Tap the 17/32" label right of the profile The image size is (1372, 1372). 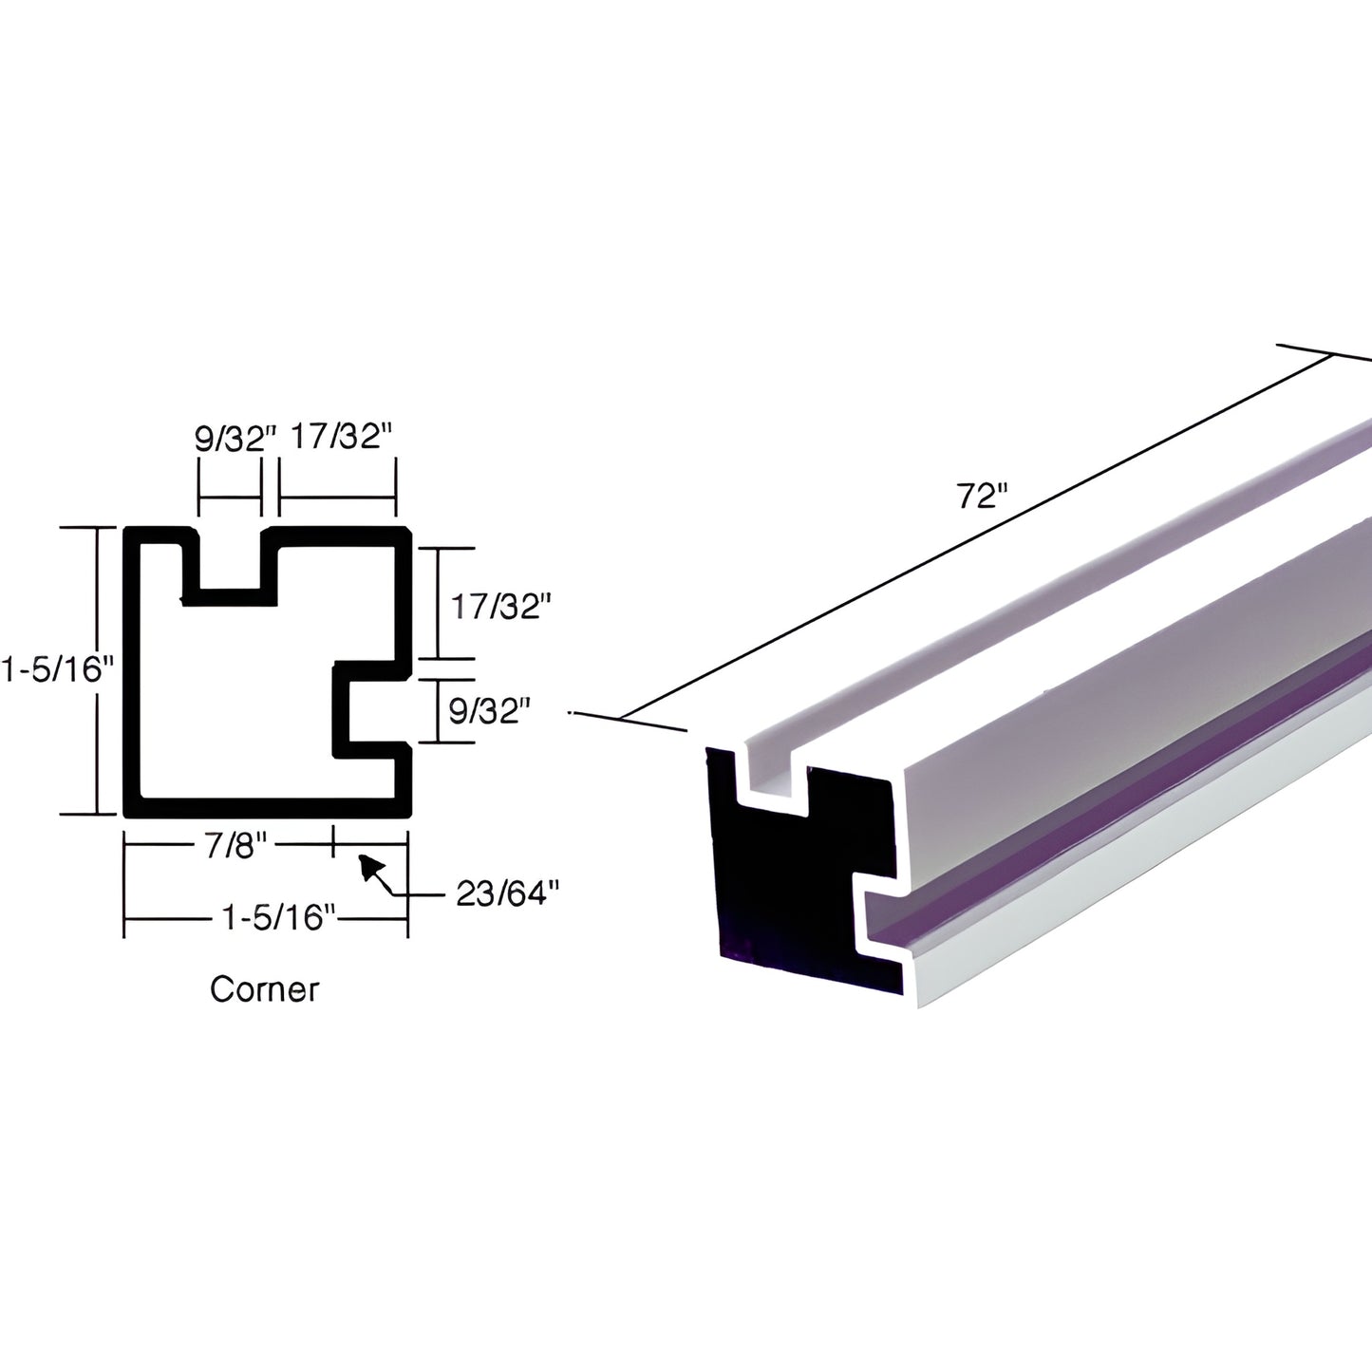click(500, 606)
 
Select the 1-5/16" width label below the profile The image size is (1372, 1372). click(278, 918)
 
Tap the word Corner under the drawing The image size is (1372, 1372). click(264, 989)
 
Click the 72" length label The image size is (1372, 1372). click(981, 496)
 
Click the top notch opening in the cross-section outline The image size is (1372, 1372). click(229, 560)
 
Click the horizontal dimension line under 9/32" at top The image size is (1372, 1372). click(229, 498)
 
